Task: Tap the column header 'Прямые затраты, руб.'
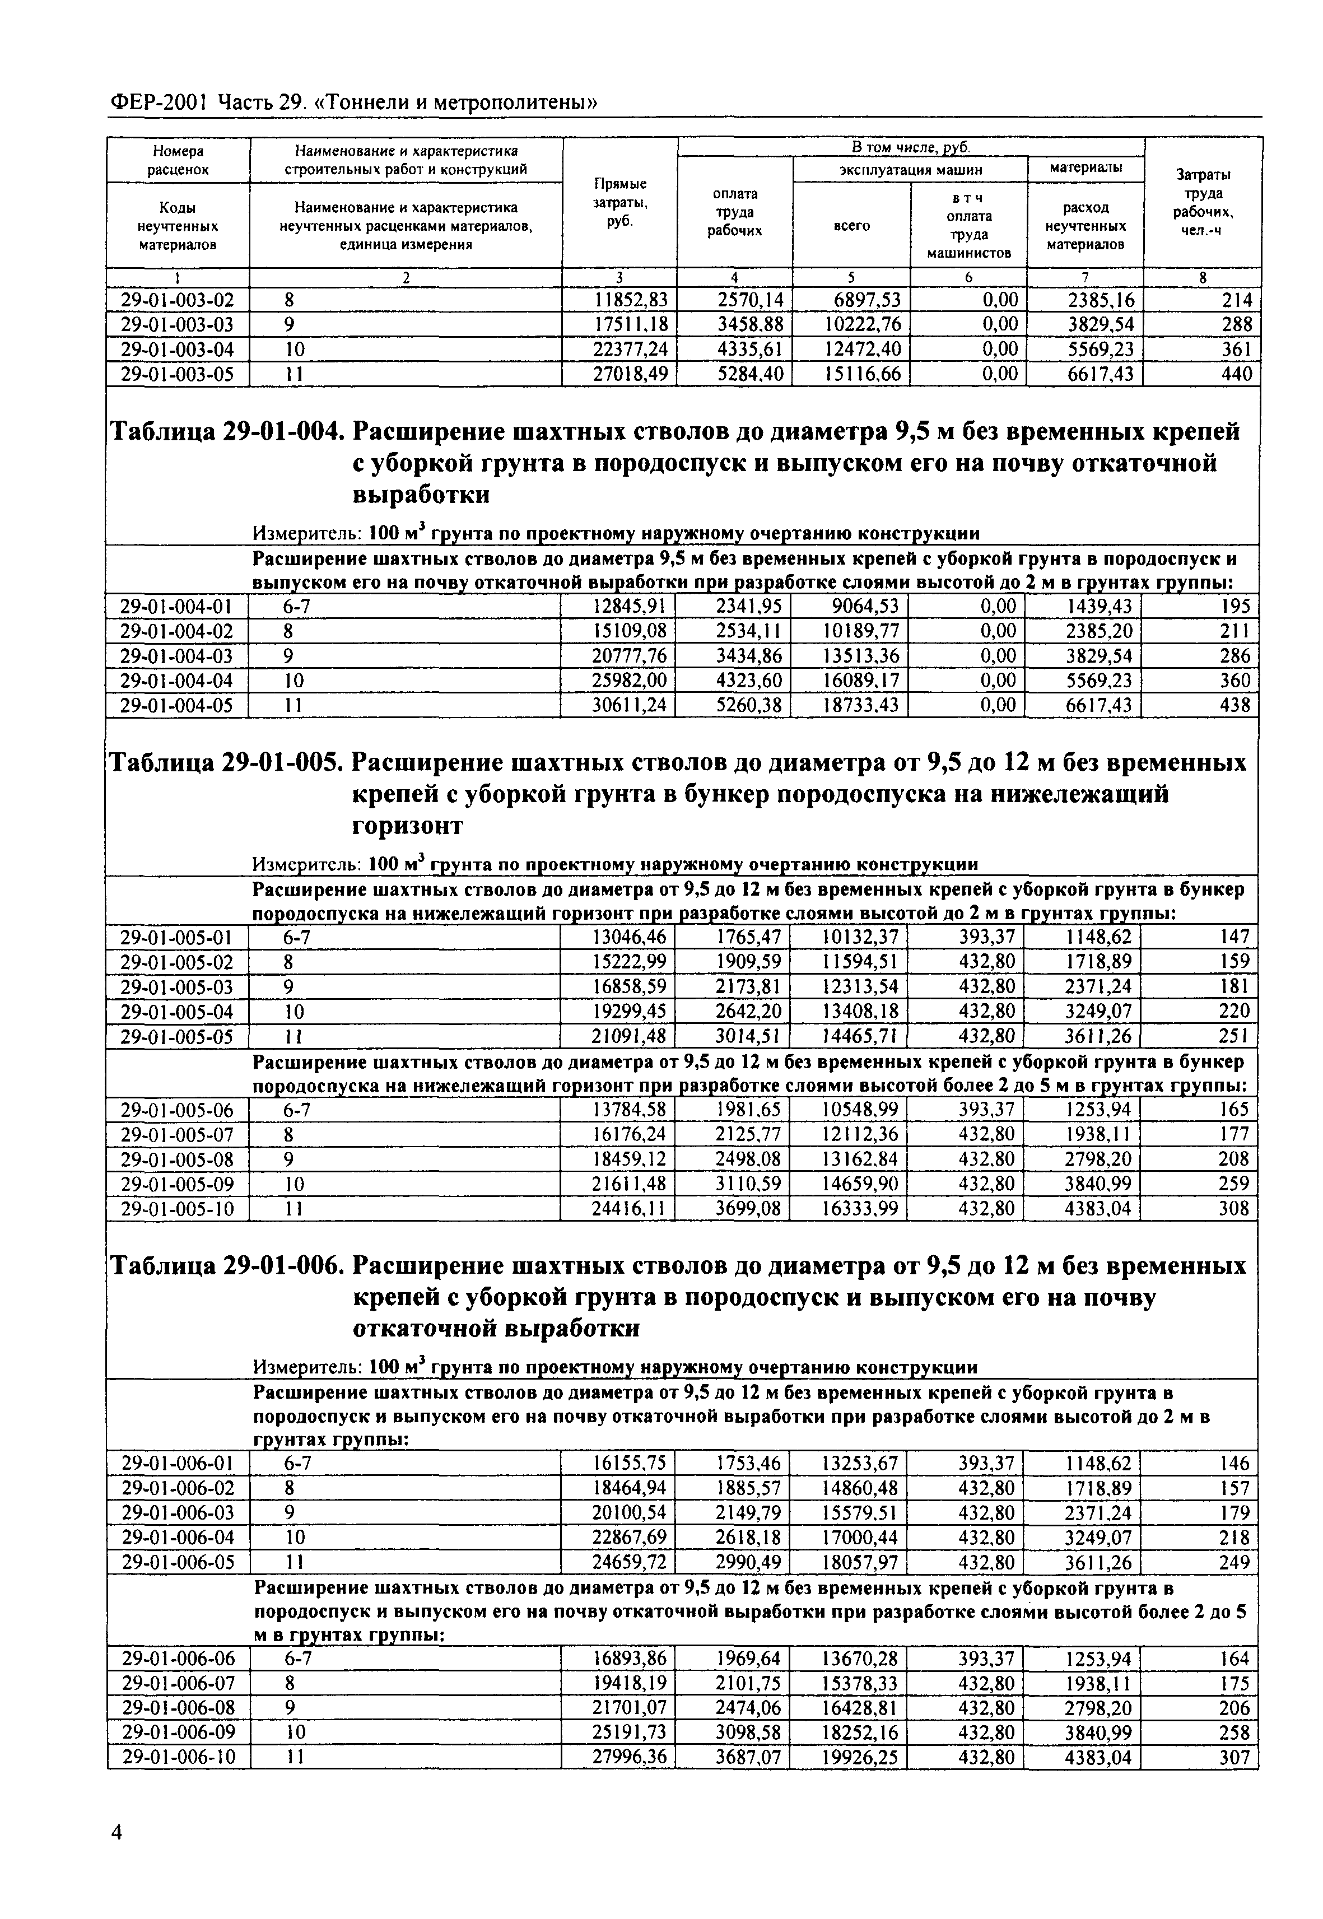[620, 202]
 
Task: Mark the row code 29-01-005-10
[178, 1209]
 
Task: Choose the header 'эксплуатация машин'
[910, 170]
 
